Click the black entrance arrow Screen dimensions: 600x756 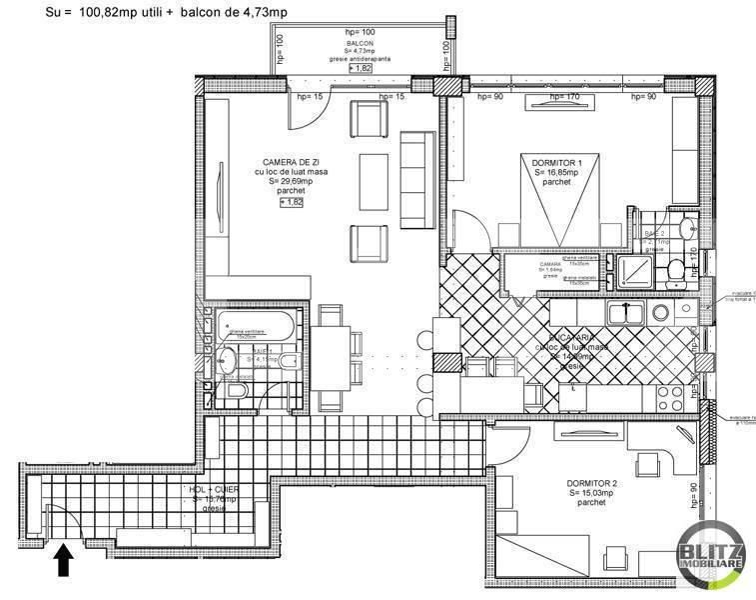(x=63, y=559)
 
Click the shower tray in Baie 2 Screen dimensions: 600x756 (x=634, y=271)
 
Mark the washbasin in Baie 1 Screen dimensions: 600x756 (x=228, y=361)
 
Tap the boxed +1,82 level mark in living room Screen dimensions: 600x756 (x=291, y=201)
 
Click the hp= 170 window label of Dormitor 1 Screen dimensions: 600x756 (x=565, y=97)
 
